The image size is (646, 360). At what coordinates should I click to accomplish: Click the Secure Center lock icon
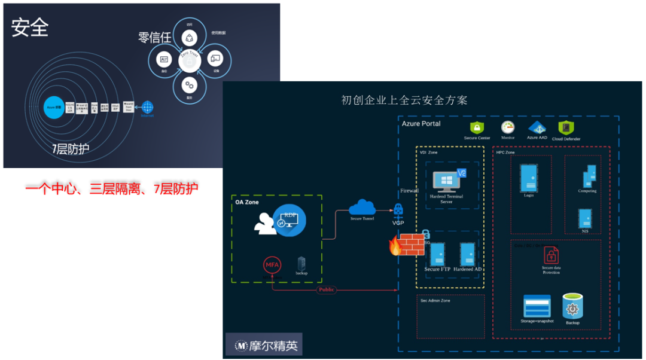[x=477, y=127]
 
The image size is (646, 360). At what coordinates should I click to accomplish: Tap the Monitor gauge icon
[x=508, y=127]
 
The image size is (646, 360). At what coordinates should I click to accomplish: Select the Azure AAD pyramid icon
[x=537, y=127]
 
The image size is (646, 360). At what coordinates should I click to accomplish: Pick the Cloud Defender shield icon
[x=566, y=127]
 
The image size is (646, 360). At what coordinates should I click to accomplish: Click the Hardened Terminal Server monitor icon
[x=446, y=181]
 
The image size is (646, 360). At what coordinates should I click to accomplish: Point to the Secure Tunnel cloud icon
[x=362, y=207]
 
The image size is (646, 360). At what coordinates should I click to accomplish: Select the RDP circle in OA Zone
[x=290, y=221]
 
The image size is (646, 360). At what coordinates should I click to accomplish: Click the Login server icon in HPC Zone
[x=528, y=178]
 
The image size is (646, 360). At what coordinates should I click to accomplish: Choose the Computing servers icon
[x=589, y=176]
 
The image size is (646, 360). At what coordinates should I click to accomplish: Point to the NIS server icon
[x=585, y=218]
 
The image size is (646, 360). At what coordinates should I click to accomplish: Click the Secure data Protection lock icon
[x=551, y=255]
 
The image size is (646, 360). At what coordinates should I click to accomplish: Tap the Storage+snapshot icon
[x=537, y=306]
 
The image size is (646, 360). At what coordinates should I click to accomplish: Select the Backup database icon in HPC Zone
[x=572, y=306]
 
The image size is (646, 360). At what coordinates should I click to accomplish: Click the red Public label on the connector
[x=327, y=289]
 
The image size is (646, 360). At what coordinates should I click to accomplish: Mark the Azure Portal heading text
[x=421, y=124]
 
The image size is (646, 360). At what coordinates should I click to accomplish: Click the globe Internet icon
[x=147, y=108]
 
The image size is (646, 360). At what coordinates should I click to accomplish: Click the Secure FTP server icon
[x=437, y=254]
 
